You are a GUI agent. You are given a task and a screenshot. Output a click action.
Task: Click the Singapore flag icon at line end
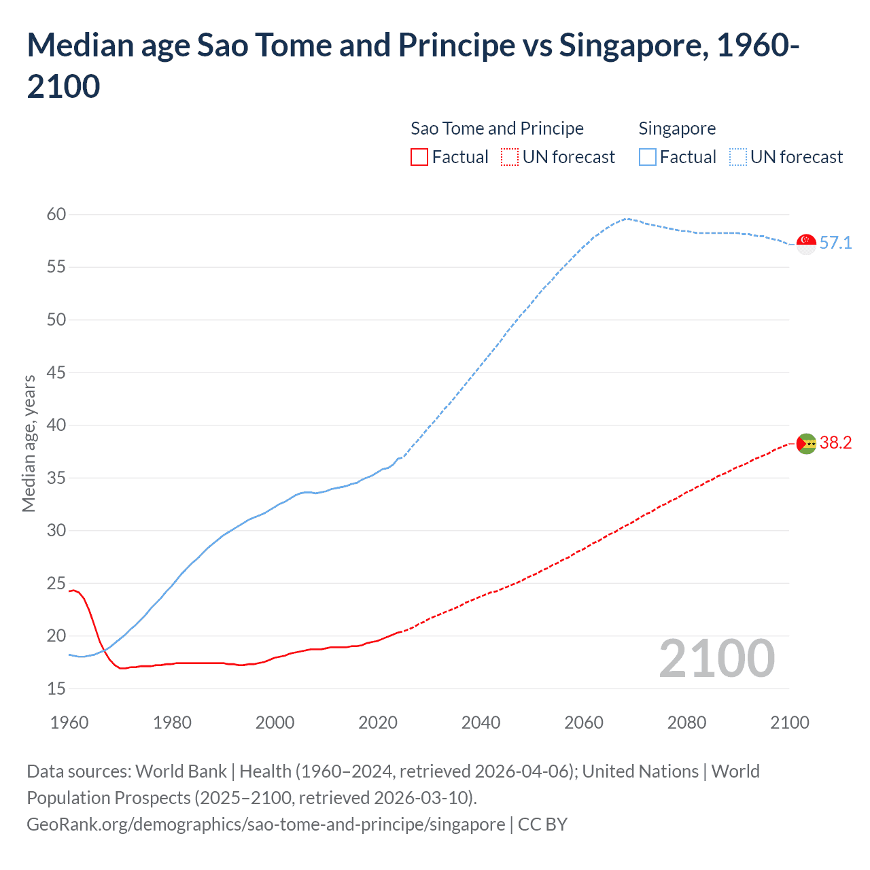pos(806,243)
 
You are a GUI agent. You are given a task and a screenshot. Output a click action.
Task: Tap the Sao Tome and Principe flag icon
pos(806,443)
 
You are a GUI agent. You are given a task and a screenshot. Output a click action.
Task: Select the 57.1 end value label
pos(835,243)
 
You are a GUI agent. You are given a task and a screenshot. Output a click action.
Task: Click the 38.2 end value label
pos(835,443)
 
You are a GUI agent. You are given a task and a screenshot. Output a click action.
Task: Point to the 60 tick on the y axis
pos(56,214)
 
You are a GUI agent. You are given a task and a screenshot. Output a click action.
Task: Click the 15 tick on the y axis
pos(56,689)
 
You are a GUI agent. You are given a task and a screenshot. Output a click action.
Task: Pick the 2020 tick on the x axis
pos(378,723)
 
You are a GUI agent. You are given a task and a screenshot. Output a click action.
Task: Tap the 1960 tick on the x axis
pos(69,723)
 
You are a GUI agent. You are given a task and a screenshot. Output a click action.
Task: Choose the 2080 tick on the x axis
pos(686,723)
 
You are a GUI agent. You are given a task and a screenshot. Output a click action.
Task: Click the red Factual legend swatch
pos(419,157)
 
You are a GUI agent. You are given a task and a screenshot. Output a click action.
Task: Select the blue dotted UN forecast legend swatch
pos(738,157)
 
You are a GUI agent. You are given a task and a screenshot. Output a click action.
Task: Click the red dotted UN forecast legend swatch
pos(510,157)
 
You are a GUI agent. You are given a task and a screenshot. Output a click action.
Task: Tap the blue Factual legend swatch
pos(648,157)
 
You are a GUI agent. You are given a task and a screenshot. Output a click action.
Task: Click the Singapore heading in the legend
pos(677,128)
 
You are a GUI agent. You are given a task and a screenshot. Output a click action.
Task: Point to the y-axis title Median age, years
pos(29,443)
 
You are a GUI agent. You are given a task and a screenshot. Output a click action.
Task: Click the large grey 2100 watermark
pos(716,659)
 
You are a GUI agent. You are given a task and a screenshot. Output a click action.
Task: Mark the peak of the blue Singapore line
pos(627,219)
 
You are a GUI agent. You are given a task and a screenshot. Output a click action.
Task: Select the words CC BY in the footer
pos(542,824)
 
